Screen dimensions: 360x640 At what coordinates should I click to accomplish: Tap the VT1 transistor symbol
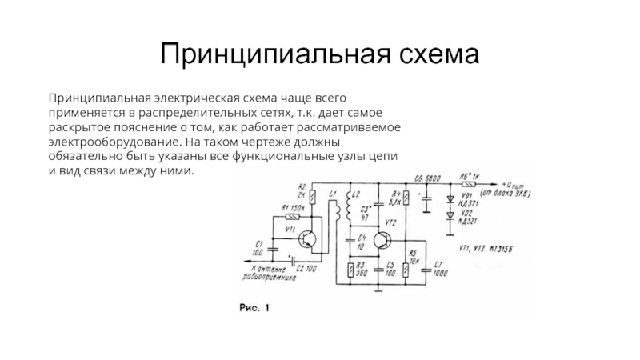(305, 237)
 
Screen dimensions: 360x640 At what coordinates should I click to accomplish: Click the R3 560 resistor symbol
(350, 270)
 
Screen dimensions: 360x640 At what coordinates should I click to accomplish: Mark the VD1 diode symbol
(450, 197)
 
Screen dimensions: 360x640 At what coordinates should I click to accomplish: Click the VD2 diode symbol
(450, 216)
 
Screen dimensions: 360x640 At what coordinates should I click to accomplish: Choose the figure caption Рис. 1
(256, 307)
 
